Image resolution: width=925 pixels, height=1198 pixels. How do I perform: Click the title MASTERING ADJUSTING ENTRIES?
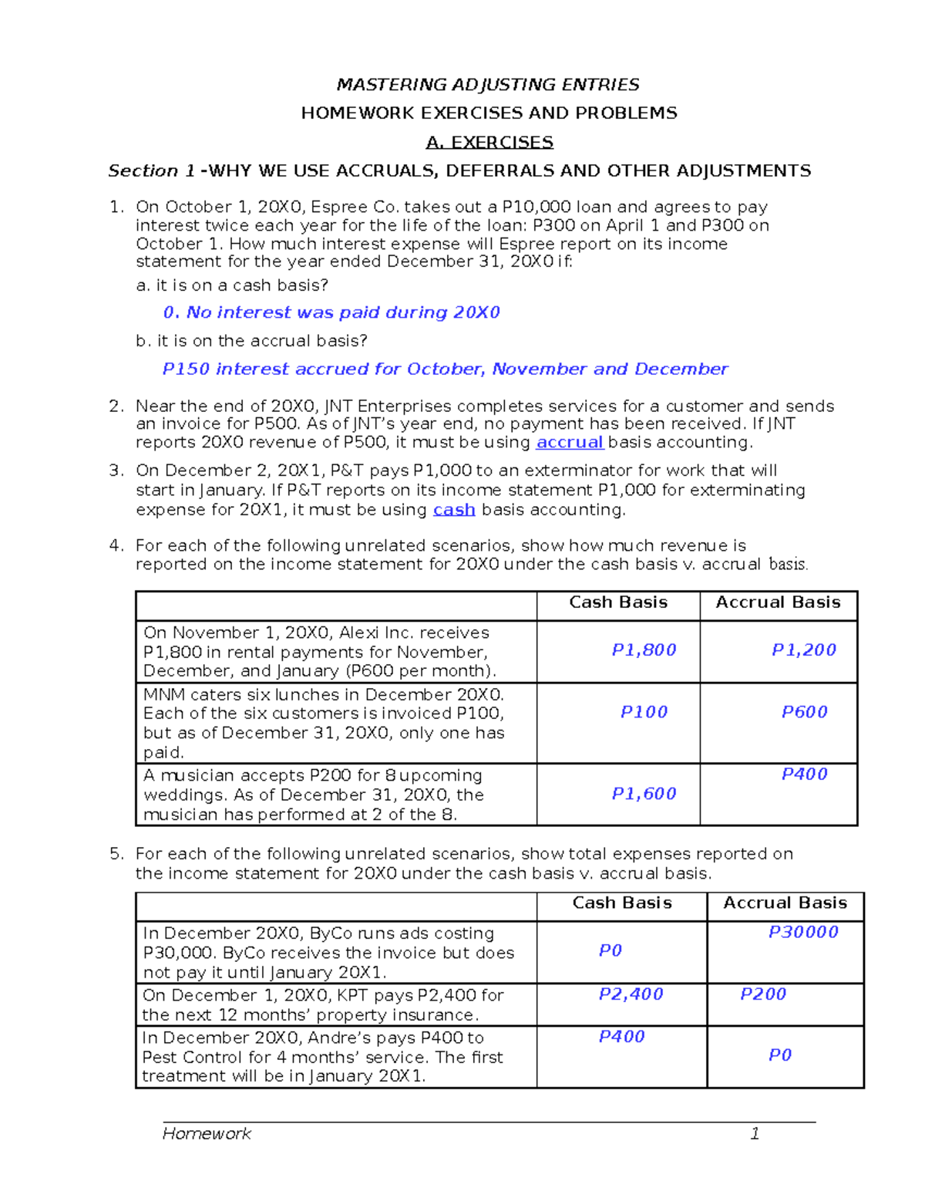pos(488,84)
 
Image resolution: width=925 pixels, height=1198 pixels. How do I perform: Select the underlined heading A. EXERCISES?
pos(489,142)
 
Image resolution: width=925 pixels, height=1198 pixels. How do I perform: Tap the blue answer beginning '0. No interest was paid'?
pos(331,312)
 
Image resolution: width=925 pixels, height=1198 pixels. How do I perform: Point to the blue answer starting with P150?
pos(445,369)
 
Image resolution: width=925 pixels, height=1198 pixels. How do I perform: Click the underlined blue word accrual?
pos(570,442)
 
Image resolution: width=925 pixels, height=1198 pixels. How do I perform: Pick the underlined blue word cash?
pos(454,510)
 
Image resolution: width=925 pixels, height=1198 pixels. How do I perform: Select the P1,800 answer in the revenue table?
pos(644,650)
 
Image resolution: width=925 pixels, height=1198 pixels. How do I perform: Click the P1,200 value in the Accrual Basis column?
pos(804,650)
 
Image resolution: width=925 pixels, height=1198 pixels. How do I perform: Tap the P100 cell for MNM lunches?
pos(644,712)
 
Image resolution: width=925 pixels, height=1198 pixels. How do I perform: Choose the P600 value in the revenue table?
pos(804,712)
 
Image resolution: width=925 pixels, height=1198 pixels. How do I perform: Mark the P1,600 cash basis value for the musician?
pos(644,794)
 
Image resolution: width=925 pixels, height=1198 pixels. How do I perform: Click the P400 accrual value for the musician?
pos(804,774)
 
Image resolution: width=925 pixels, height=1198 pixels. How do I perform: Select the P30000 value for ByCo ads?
pos(803,932)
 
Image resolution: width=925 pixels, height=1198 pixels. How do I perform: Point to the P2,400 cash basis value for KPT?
pos(631,994)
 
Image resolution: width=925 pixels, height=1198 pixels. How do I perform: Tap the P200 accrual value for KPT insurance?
pos(763,994)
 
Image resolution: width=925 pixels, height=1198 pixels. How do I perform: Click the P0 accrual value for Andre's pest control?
pos(780,1055)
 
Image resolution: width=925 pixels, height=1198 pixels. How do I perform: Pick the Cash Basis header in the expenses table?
pos(622,903)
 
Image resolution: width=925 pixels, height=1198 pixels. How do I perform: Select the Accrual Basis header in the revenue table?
pos(778,602)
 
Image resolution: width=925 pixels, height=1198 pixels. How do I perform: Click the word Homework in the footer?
pos(207,1133)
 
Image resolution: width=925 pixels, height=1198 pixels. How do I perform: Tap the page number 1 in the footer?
pos(755,1133)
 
